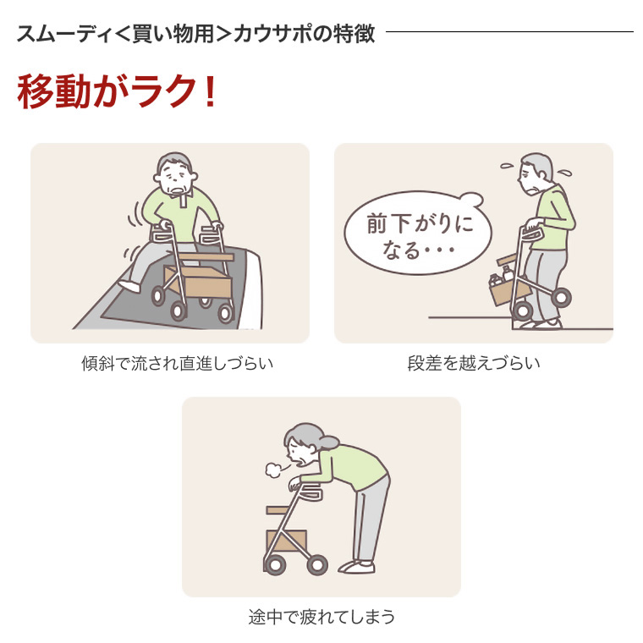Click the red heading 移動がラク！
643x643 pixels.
point(117,92)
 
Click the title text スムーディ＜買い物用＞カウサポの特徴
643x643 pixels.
point(195,35)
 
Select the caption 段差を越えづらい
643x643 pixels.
point(474,364)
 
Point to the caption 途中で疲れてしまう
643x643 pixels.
point(321,617)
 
